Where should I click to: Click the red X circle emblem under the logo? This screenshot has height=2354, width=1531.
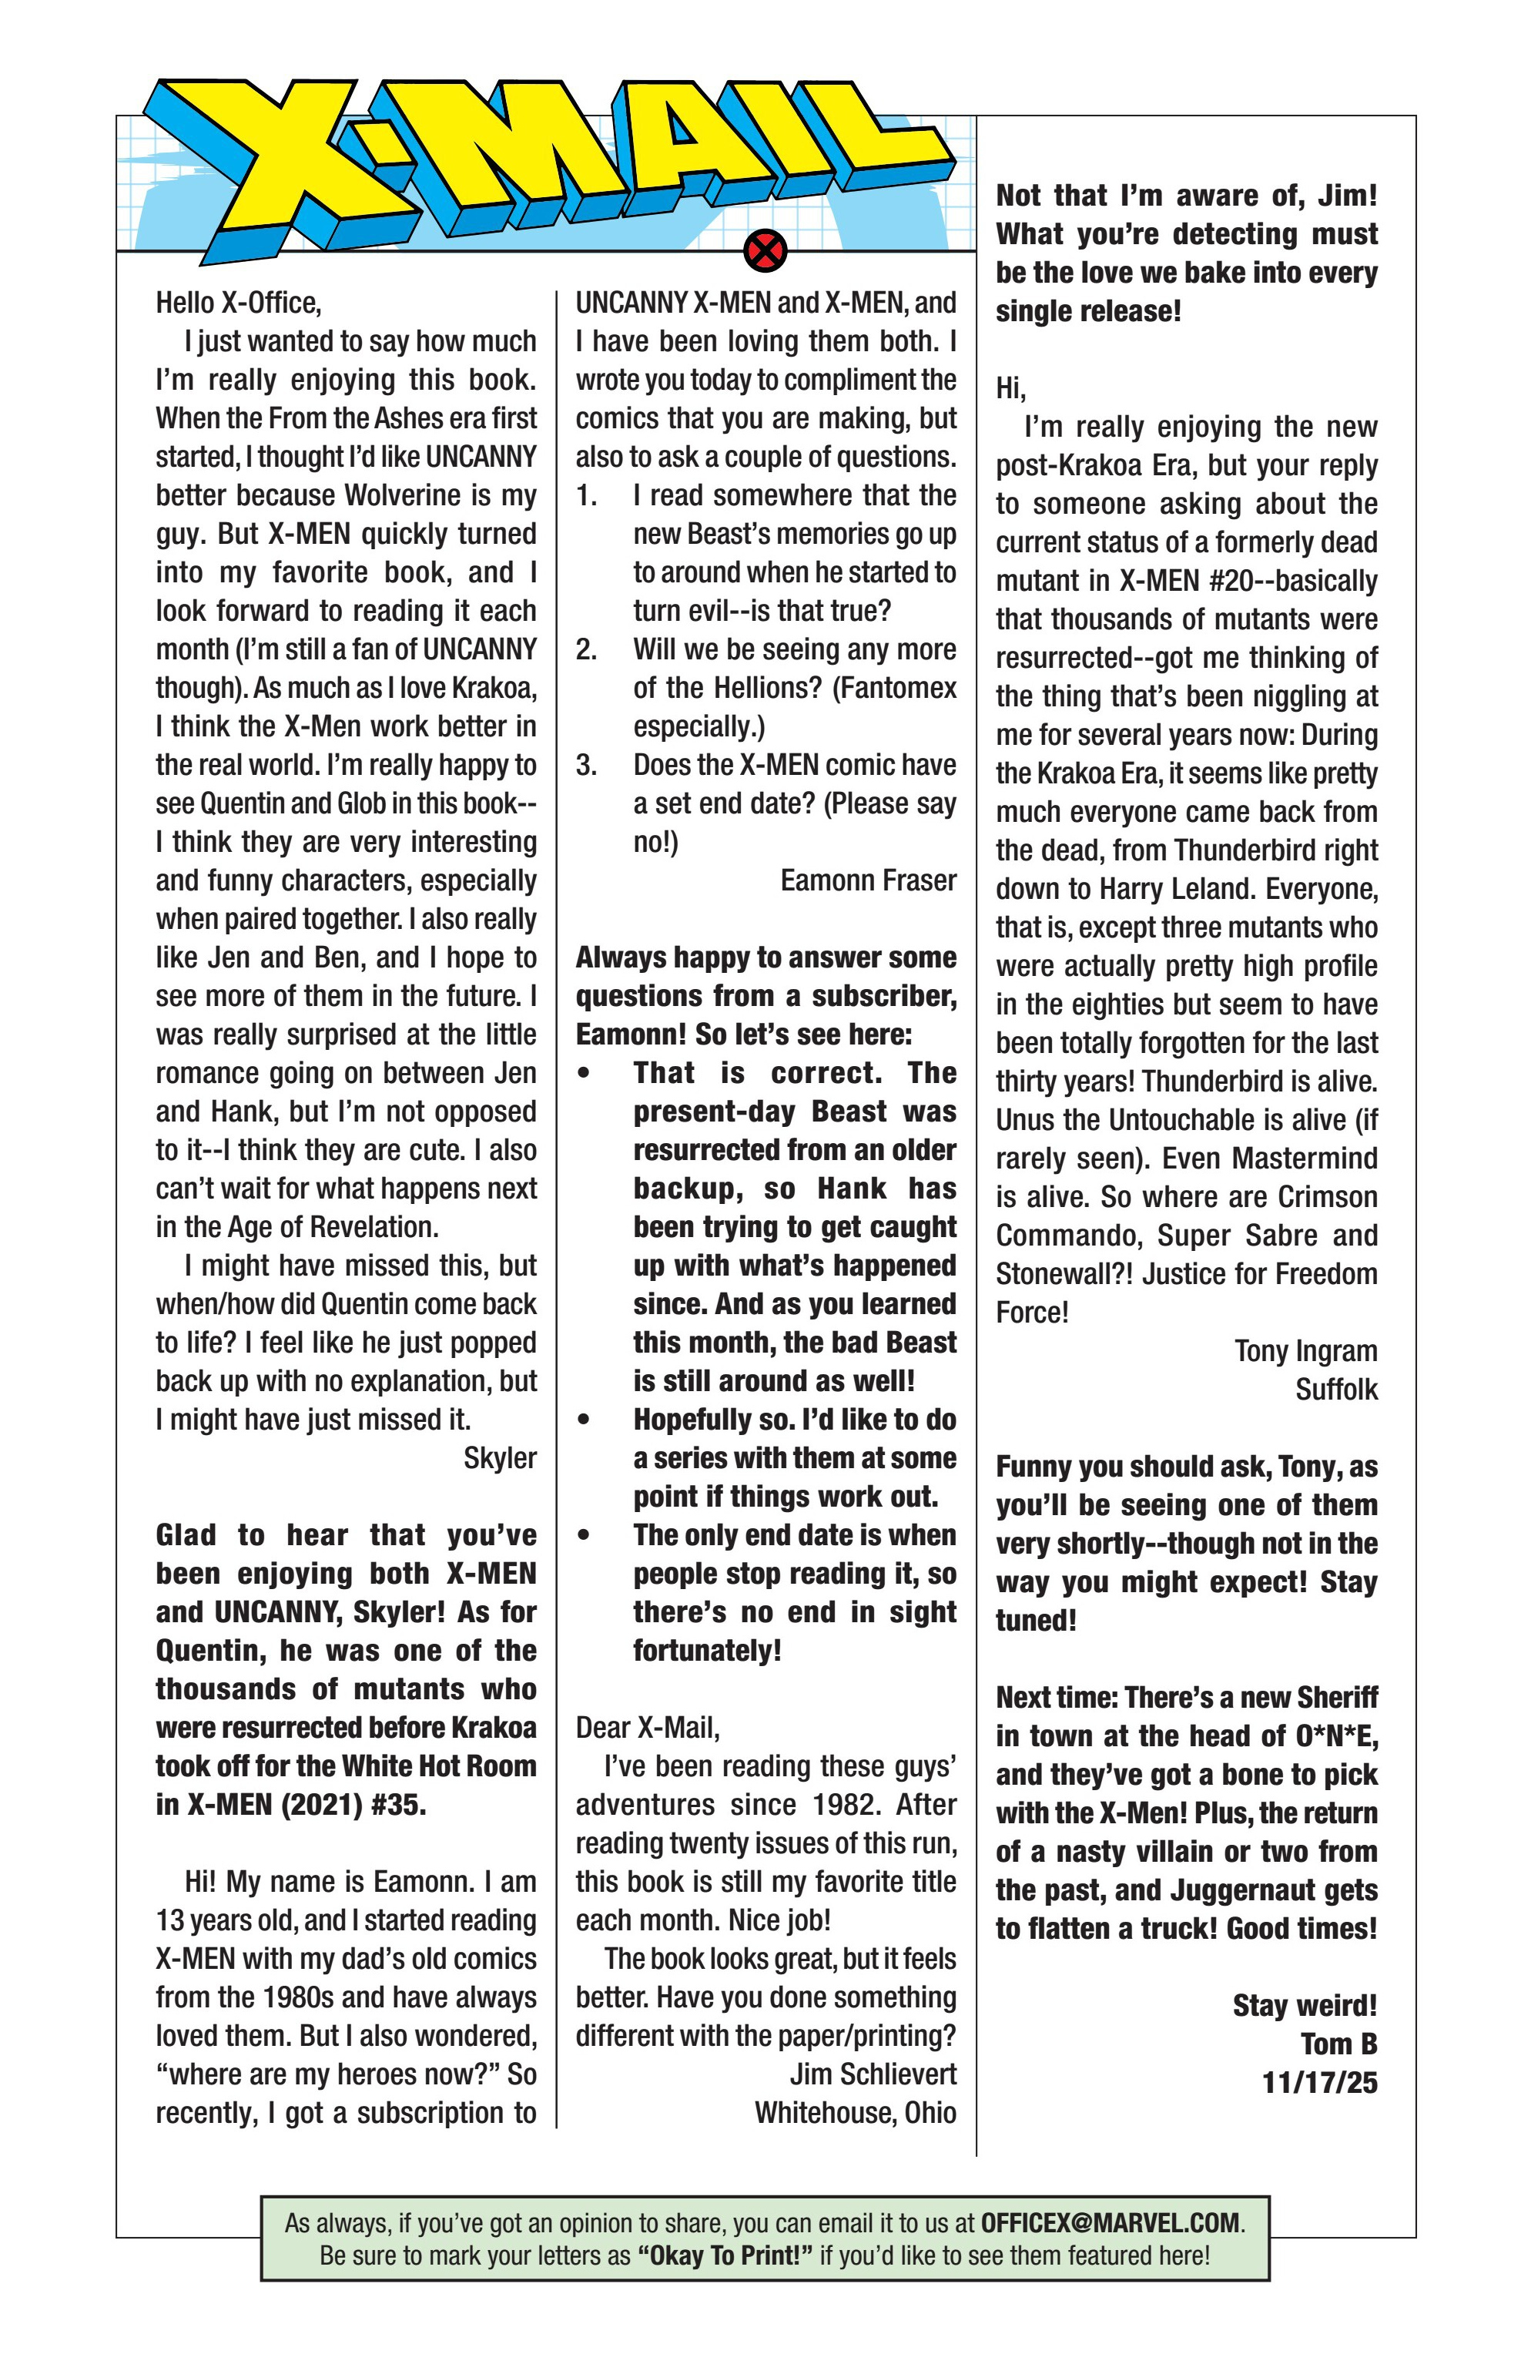coord(765,250)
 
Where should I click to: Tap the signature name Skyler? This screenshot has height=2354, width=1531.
coord(500,1458)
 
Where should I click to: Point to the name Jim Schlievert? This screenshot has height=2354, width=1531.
coord(873,2074)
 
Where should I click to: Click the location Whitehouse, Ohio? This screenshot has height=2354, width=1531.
coord(855,2113)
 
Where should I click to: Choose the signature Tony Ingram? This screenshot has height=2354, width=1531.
coord(1305,1351)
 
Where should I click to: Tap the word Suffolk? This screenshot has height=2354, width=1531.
coord(1335,1390)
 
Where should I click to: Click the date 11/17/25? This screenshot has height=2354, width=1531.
coord(1318,2083)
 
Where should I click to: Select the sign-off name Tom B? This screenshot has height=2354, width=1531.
coord(1338,2044)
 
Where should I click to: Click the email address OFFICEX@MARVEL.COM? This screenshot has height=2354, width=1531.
coord(1109,2224)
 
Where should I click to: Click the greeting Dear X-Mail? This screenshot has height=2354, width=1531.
coord(648,1728)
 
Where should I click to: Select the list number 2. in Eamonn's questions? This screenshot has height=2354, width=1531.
coord(587,650)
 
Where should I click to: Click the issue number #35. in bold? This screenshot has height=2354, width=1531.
coord(393,1804)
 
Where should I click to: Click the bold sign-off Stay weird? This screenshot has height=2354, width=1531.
coord(1304,2005)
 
